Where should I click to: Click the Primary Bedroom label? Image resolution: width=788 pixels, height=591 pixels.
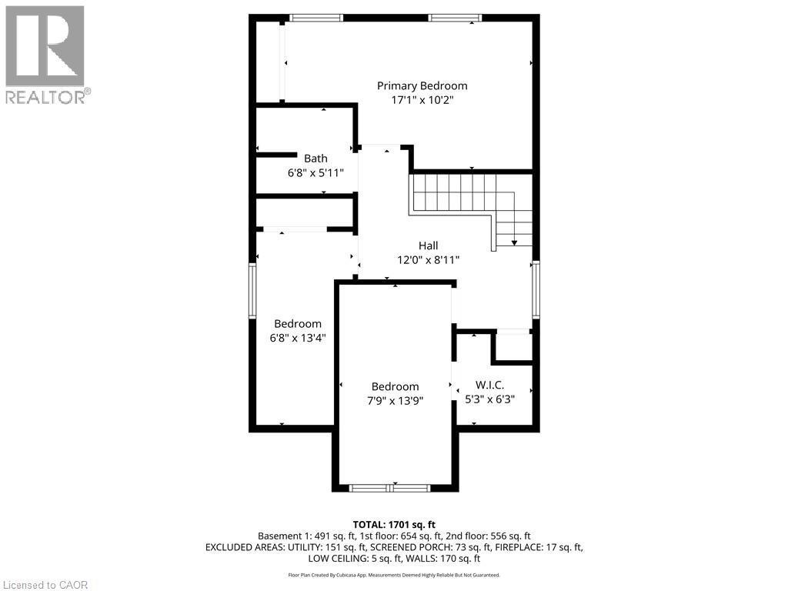[421, 85]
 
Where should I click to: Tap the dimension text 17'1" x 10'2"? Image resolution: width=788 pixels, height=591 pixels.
[421, 100]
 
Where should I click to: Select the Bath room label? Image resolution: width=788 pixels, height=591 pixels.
[315, 159]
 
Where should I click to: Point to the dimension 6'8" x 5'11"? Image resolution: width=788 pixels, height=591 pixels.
[315, 173]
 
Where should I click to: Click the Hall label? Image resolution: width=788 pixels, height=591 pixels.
[428, 245]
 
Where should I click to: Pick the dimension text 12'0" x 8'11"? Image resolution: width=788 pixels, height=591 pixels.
[428, 260]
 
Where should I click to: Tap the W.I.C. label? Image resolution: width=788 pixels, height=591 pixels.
[489, 385]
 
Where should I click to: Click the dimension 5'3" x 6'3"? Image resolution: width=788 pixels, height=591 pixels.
[489, 399]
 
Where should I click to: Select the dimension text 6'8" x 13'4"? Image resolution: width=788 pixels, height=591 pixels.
[298, 337]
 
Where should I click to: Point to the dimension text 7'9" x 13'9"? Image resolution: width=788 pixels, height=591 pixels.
[395, 400]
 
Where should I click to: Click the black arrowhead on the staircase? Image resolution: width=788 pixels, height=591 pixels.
[515, 242]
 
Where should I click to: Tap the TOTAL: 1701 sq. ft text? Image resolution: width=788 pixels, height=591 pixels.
[394, 524]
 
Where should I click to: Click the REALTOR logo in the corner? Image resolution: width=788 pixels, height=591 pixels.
[45, 55]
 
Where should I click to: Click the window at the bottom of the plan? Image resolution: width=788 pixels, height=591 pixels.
[389, 488]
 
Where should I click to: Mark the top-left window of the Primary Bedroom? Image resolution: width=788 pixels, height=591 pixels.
[316, 17]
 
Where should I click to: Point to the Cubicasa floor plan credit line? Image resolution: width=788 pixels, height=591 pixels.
[394, 575]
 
